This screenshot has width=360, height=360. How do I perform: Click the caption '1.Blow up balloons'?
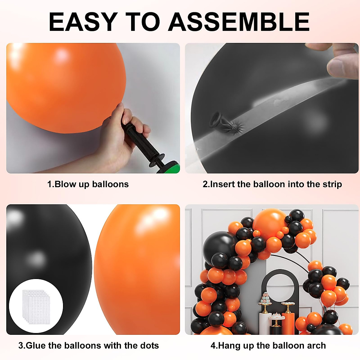click(88, 184)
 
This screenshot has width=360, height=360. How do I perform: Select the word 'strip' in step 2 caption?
click(332, 184)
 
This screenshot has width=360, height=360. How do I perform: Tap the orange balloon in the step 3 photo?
click(138, 270)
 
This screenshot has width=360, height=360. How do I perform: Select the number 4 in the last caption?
click(213, 346)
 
